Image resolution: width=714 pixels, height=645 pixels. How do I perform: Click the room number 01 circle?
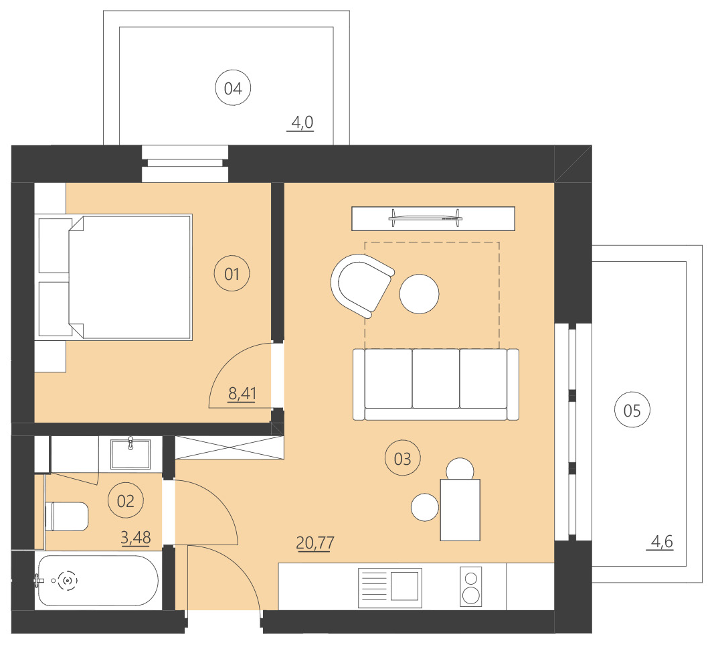tap(232, 273)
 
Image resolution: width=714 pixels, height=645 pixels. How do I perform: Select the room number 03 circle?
tap(403, 459)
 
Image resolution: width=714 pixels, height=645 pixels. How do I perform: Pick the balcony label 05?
tap(632, 411)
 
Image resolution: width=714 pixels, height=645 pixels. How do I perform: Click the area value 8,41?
tap(242, 393)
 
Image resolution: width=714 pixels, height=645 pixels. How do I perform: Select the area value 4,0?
tap(301, 123)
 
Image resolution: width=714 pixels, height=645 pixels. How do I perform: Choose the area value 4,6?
tap(660, 541)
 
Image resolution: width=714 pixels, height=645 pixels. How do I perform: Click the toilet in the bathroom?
tap(66, 516)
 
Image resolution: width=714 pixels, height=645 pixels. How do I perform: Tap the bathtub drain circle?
tap(67, 581)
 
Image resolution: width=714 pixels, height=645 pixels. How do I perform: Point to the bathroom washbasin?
tap(130, 453)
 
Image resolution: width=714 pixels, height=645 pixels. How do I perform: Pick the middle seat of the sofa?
tap(436, 379)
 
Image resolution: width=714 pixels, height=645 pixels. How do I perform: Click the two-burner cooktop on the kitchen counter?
tap(471, 587)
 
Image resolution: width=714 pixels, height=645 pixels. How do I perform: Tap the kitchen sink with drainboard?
tap(390, 587)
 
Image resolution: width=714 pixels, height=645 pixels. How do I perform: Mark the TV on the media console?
tap(426, 216)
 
